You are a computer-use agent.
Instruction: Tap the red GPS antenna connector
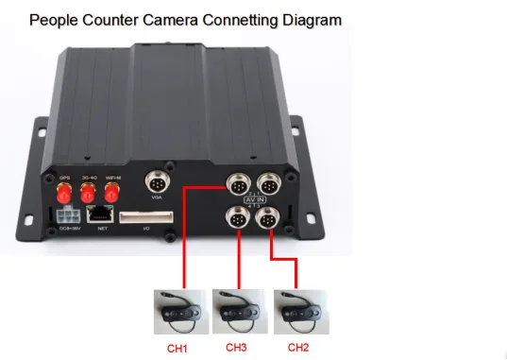pyautogui.click(x=65, y=194)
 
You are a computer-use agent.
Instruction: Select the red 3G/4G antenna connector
pyautogui.click(x=89, y=194)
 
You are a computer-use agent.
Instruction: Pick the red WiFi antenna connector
pyautogui.click(x=112, y=194)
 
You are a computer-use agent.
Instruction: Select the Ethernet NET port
pyautogui.click(x=101, y=215)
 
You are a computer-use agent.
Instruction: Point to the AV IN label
pyautogui.click(x=253, y=200)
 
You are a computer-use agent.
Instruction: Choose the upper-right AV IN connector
pyautogui.click(x=272, y=182)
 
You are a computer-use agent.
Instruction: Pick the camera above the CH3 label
pyautogui.click(x=236, y=307)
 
